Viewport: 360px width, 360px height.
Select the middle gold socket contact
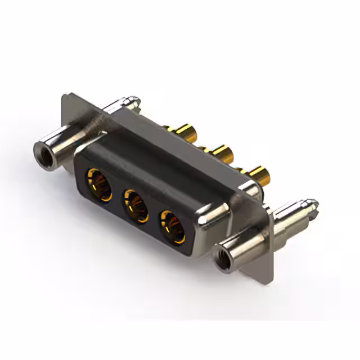coord(135,202)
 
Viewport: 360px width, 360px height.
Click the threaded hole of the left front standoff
coord(42,150)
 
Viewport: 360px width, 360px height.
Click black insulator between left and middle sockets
coord(118,194)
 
